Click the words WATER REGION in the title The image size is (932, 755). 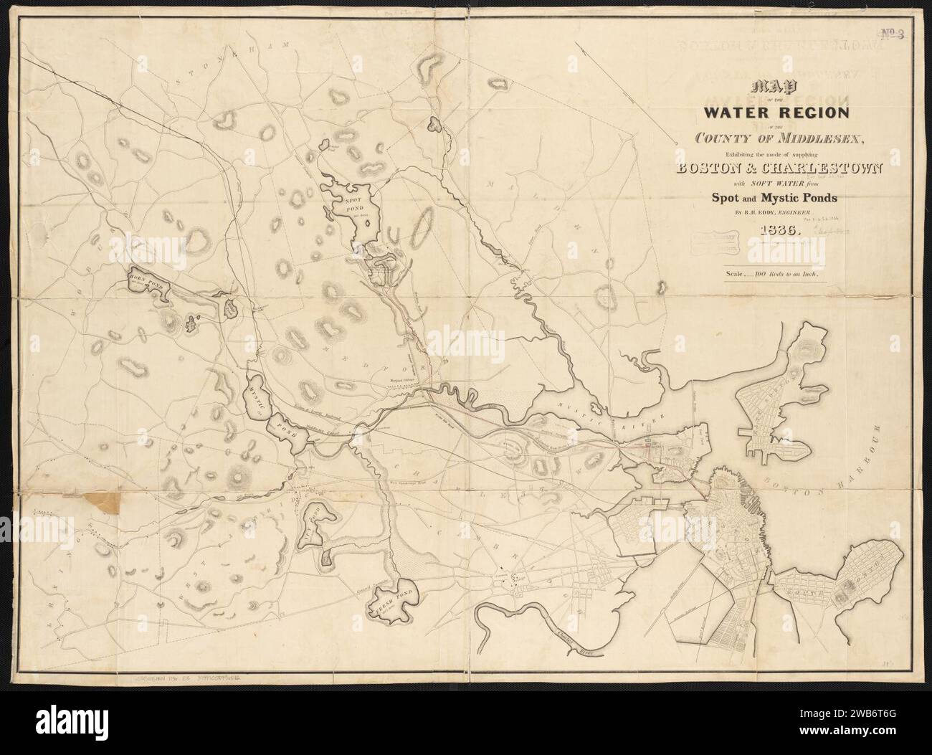tap(777, 112)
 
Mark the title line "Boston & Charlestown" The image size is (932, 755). tap(777, 169)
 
